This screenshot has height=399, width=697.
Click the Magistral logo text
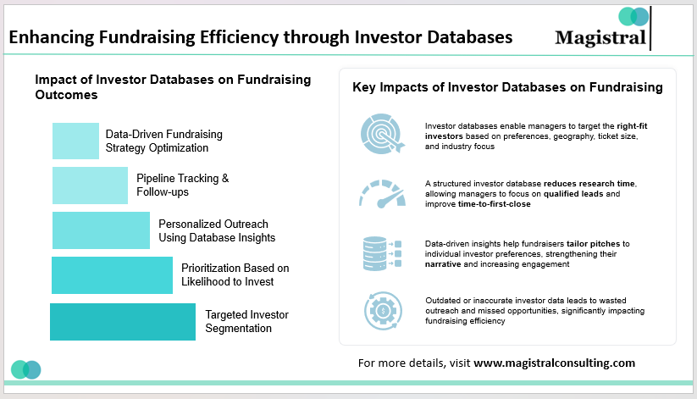point(600,38)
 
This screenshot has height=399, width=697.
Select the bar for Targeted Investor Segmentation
point(123,322)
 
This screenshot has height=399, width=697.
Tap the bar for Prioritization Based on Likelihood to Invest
point(112,275)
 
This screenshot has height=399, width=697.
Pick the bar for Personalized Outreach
point(101,230)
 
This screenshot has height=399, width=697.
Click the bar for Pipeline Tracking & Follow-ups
point(90,186)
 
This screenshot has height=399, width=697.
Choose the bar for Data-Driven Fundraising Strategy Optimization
point(75,141)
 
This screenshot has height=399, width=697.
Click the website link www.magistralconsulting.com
point(554,363)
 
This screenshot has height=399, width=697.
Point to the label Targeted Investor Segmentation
point(246,321)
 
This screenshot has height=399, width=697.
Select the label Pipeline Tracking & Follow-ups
point(183,186)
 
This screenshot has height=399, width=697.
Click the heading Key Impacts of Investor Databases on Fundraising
point(507,87)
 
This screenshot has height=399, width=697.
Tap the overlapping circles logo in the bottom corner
point(26,369)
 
